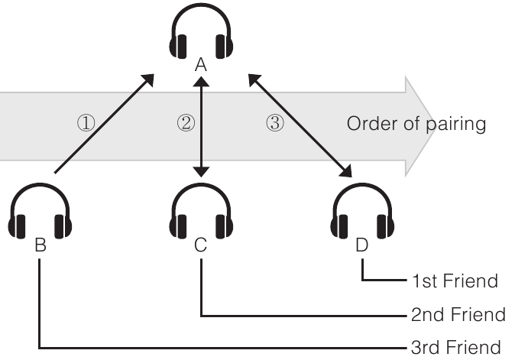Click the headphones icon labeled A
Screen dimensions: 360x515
(x=200, y=34)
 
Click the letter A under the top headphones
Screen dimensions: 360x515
(x=200, y=66)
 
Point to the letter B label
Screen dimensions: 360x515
(x=40, y=246)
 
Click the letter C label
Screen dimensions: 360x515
(x=200, y=245)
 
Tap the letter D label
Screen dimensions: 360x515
(x=362, y=246)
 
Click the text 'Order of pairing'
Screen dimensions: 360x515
(x=416, y=124)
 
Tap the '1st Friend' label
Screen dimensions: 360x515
(x=454, y=281)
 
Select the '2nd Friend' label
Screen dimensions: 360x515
(x=458, y=314)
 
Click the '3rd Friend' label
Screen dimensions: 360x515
(x=455, y=346)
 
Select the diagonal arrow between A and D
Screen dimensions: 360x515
(x=301, y=127)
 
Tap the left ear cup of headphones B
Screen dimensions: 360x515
(x=17, y=225)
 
